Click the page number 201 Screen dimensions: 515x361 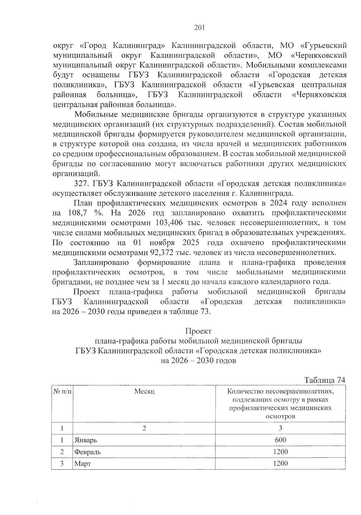(199, 28)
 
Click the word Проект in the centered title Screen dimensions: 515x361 (198, 331)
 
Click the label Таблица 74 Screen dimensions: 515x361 (324, 380)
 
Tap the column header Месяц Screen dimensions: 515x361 (144, 391)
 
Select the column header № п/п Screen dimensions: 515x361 (62, 391)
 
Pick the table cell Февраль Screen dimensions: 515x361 (88, 452)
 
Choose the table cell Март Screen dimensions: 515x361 (82, 463)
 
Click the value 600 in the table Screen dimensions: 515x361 (280, 440)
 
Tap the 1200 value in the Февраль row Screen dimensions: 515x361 (280, 451)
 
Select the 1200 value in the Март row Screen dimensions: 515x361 (280, 463)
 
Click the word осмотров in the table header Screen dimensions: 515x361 (280, 417)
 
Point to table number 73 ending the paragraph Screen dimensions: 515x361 (204, 311)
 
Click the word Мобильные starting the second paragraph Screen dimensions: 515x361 (96, 114)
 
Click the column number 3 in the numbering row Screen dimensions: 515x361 (280, 428)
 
